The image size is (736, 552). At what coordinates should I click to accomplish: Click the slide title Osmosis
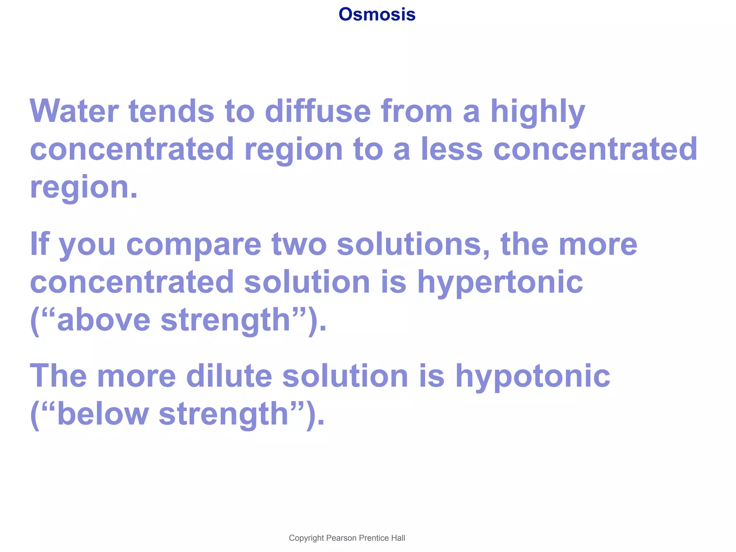(377, 15)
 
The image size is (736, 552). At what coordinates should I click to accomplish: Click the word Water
(74, 111)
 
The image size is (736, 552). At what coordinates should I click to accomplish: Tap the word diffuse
(318, 111)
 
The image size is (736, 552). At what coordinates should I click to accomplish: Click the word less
(451, 149)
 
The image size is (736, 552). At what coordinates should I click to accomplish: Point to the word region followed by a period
(83, 188)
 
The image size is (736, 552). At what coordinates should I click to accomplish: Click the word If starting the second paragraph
(39, 244)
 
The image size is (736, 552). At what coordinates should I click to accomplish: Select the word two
(299, 244)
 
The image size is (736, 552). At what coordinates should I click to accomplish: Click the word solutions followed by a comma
(413, 244)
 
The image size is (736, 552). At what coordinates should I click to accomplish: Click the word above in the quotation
(103, 320)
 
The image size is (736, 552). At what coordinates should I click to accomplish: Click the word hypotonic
(533, 377)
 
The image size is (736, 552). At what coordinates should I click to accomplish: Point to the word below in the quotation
(103, 414)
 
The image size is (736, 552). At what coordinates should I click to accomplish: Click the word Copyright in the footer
(306, 538)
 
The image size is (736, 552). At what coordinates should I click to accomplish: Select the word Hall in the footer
(398, 538)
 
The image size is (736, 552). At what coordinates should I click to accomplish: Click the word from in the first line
(417, 111)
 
